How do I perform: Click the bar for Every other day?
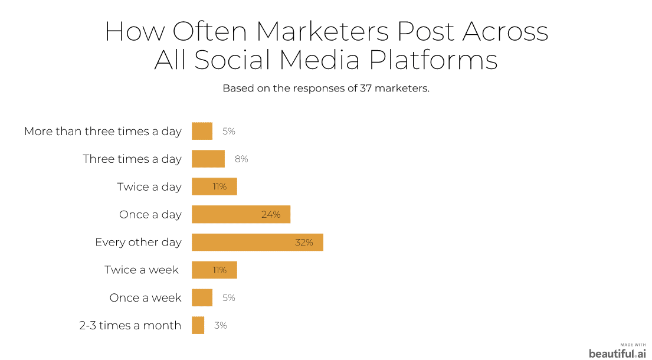pyautogui.click(x=257, y=242)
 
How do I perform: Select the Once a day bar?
pyautogui.click(x=241, y=214)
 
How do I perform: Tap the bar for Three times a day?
pyautogui.click(x=208, y=159)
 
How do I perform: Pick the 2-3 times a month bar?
pyautogui.click(x=198, y=325)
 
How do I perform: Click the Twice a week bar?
pyautogui.click(x=214, y=270)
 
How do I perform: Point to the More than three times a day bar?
pyautogui.click(x=202, y=131)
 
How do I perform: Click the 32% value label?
pyautogui.click(x=304, y=243)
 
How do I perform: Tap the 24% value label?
pyautogui.click(x=271, y=214)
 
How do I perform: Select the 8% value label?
pyautogui.click(x=241, y=159)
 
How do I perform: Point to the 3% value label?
pyautogui.click(x=221, y=326)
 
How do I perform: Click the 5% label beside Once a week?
pyautogui.click(x=229, y=297)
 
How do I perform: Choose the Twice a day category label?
pyautogui.click(x=149, y=187)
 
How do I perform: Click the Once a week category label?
pyautogui.click(x=146, y=297)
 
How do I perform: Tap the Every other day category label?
pyautogui.click(x=139, y=243)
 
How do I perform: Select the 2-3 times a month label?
pyautogui.click(x=130, y=325)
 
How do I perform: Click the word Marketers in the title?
pyautogui.click(x=322, y=31)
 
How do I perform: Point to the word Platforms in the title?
pyautogui.click(x=433, y=59)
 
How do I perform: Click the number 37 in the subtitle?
pyautogui.click(x=366, y=88)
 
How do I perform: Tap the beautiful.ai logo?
pyautogui.click(x=618, y=352)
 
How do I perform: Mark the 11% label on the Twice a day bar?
pyautogui.click(x=219, y=186)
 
